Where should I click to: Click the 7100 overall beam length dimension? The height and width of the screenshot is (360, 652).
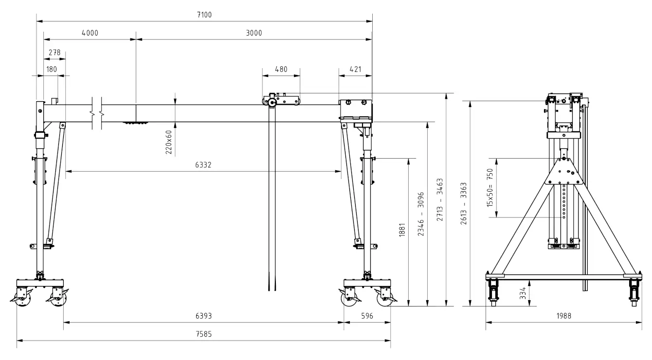click(x=204, y=15)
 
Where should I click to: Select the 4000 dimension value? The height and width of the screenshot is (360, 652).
click(x=90, y=33)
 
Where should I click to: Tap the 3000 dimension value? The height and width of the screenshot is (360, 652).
click(x=254, y=33)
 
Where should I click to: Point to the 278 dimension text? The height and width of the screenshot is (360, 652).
click(x=54, y=53)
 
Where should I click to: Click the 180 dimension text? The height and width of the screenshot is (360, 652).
click(x=52, y=69)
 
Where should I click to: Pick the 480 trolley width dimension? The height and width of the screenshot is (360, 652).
click(x=281, y=69)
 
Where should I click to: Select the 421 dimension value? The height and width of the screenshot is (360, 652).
click(x=355, y=69)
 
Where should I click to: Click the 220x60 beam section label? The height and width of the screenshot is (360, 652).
click(x=169, y=142)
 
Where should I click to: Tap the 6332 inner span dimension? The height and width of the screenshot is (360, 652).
click(x=203, y=165)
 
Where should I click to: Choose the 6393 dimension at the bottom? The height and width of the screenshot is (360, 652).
click(x=204, y=316)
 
